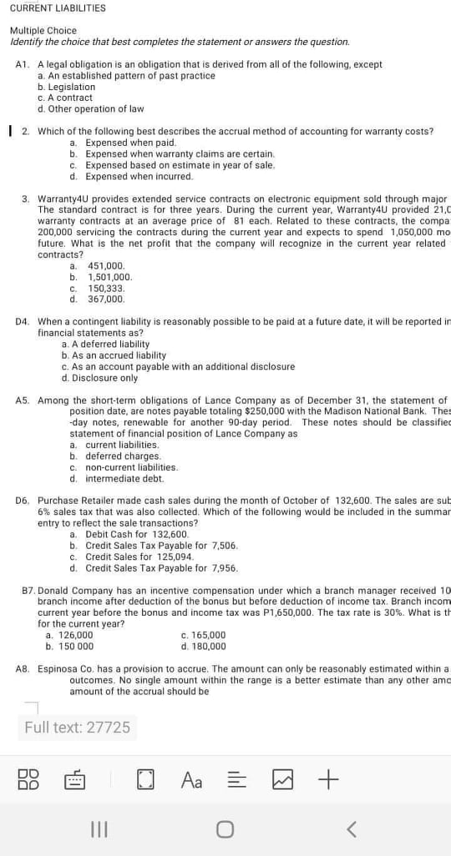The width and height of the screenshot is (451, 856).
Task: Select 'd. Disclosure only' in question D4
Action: tap(99, 378)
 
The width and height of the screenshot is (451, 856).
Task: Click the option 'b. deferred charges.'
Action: tap(115, 456)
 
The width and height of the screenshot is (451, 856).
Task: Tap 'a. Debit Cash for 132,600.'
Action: tap(129, 534)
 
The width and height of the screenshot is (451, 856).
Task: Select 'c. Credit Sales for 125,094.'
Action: tap(132, 556)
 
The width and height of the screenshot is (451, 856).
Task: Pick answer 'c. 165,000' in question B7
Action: tap(203, 635)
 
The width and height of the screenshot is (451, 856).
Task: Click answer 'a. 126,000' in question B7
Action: tap(69, 635)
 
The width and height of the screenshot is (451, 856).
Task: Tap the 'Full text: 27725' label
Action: tap(78, 728)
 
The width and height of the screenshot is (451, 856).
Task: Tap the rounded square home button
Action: tap(225, 829)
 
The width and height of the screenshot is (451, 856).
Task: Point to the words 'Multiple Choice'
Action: tap(43, 30)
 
